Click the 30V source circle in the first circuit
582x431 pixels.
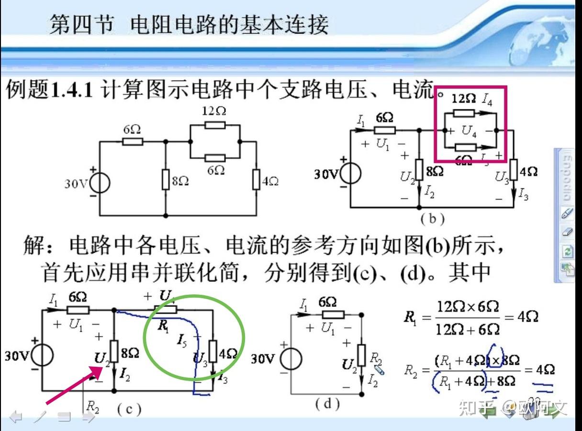tap(100, 183)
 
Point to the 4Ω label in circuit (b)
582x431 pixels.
tap(528, 172)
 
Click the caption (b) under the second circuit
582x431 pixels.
tap(432, 219)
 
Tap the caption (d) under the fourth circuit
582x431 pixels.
tap(327, 404)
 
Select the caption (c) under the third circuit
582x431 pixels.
tap(129, 408)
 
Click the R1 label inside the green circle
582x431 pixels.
tap(163, 326)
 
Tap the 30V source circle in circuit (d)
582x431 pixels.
tap(291, 360)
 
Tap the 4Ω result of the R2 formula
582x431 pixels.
tap(544, 370)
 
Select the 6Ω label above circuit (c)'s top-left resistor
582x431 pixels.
tap(78, 297)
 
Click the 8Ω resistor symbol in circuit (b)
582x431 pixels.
tap(419, 170)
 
